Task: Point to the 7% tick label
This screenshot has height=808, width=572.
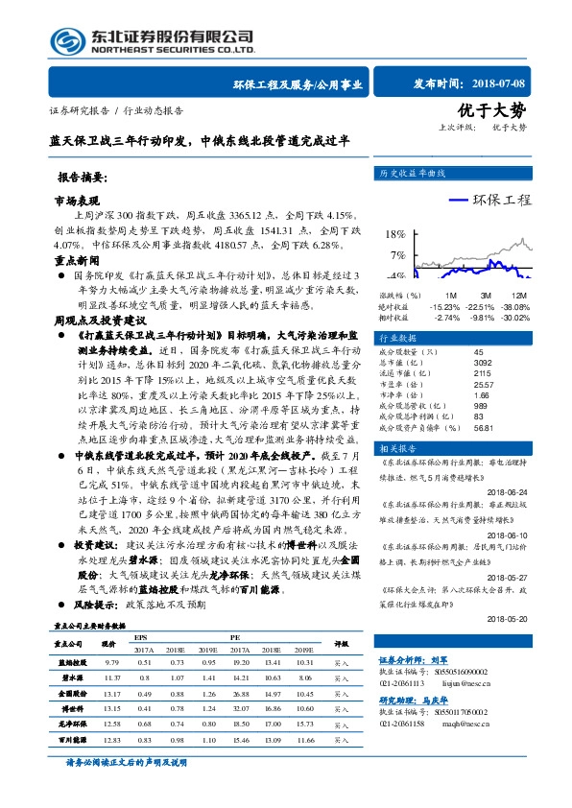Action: pos(396,255)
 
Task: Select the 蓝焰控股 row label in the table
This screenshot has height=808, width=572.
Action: pos(73,662)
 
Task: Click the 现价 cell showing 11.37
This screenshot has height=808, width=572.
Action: pos(109,677)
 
